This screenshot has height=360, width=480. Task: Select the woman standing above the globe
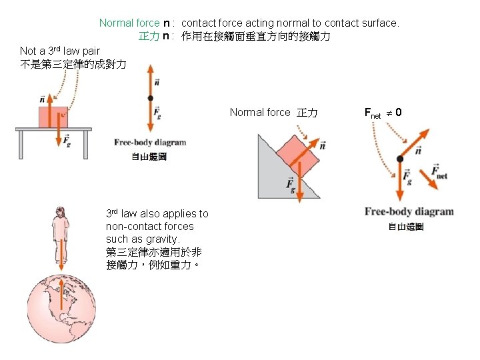[61, 233]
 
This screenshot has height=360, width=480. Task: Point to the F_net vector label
[439, 173]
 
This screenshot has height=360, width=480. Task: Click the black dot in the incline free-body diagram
[400, 159]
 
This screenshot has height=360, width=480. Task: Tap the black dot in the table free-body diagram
[151, 98]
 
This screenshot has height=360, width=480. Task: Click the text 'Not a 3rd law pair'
[59, 51]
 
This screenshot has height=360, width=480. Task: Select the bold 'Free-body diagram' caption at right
[409, 212]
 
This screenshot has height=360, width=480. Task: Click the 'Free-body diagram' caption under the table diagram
[150, 142]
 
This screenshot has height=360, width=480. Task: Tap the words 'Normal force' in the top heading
[129, 23]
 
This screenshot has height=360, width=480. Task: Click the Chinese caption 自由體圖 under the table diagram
[149, 157]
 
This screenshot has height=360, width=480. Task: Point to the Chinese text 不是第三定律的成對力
[73, 64]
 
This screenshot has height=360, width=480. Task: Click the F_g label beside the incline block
[291, 185]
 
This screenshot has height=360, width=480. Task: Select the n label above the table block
[43, 99]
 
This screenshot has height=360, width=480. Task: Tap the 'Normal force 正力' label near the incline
[273, 113]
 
